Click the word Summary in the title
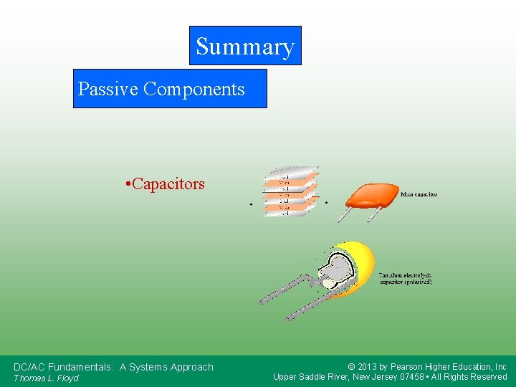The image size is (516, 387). tap(245, 47)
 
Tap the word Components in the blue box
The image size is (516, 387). tap(194, 89)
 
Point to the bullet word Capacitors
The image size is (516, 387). tap(168, 184)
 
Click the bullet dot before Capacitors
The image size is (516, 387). tap(127, 185)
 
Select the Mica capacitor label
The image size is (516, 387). tap(419, 194)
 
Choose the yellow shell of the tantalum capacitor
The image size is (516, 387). tap(362, 265)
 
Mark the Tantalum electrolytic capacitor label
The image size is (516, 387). tap(406, 278)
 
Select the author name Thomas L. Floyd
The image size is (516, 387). tap(46, 378)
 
